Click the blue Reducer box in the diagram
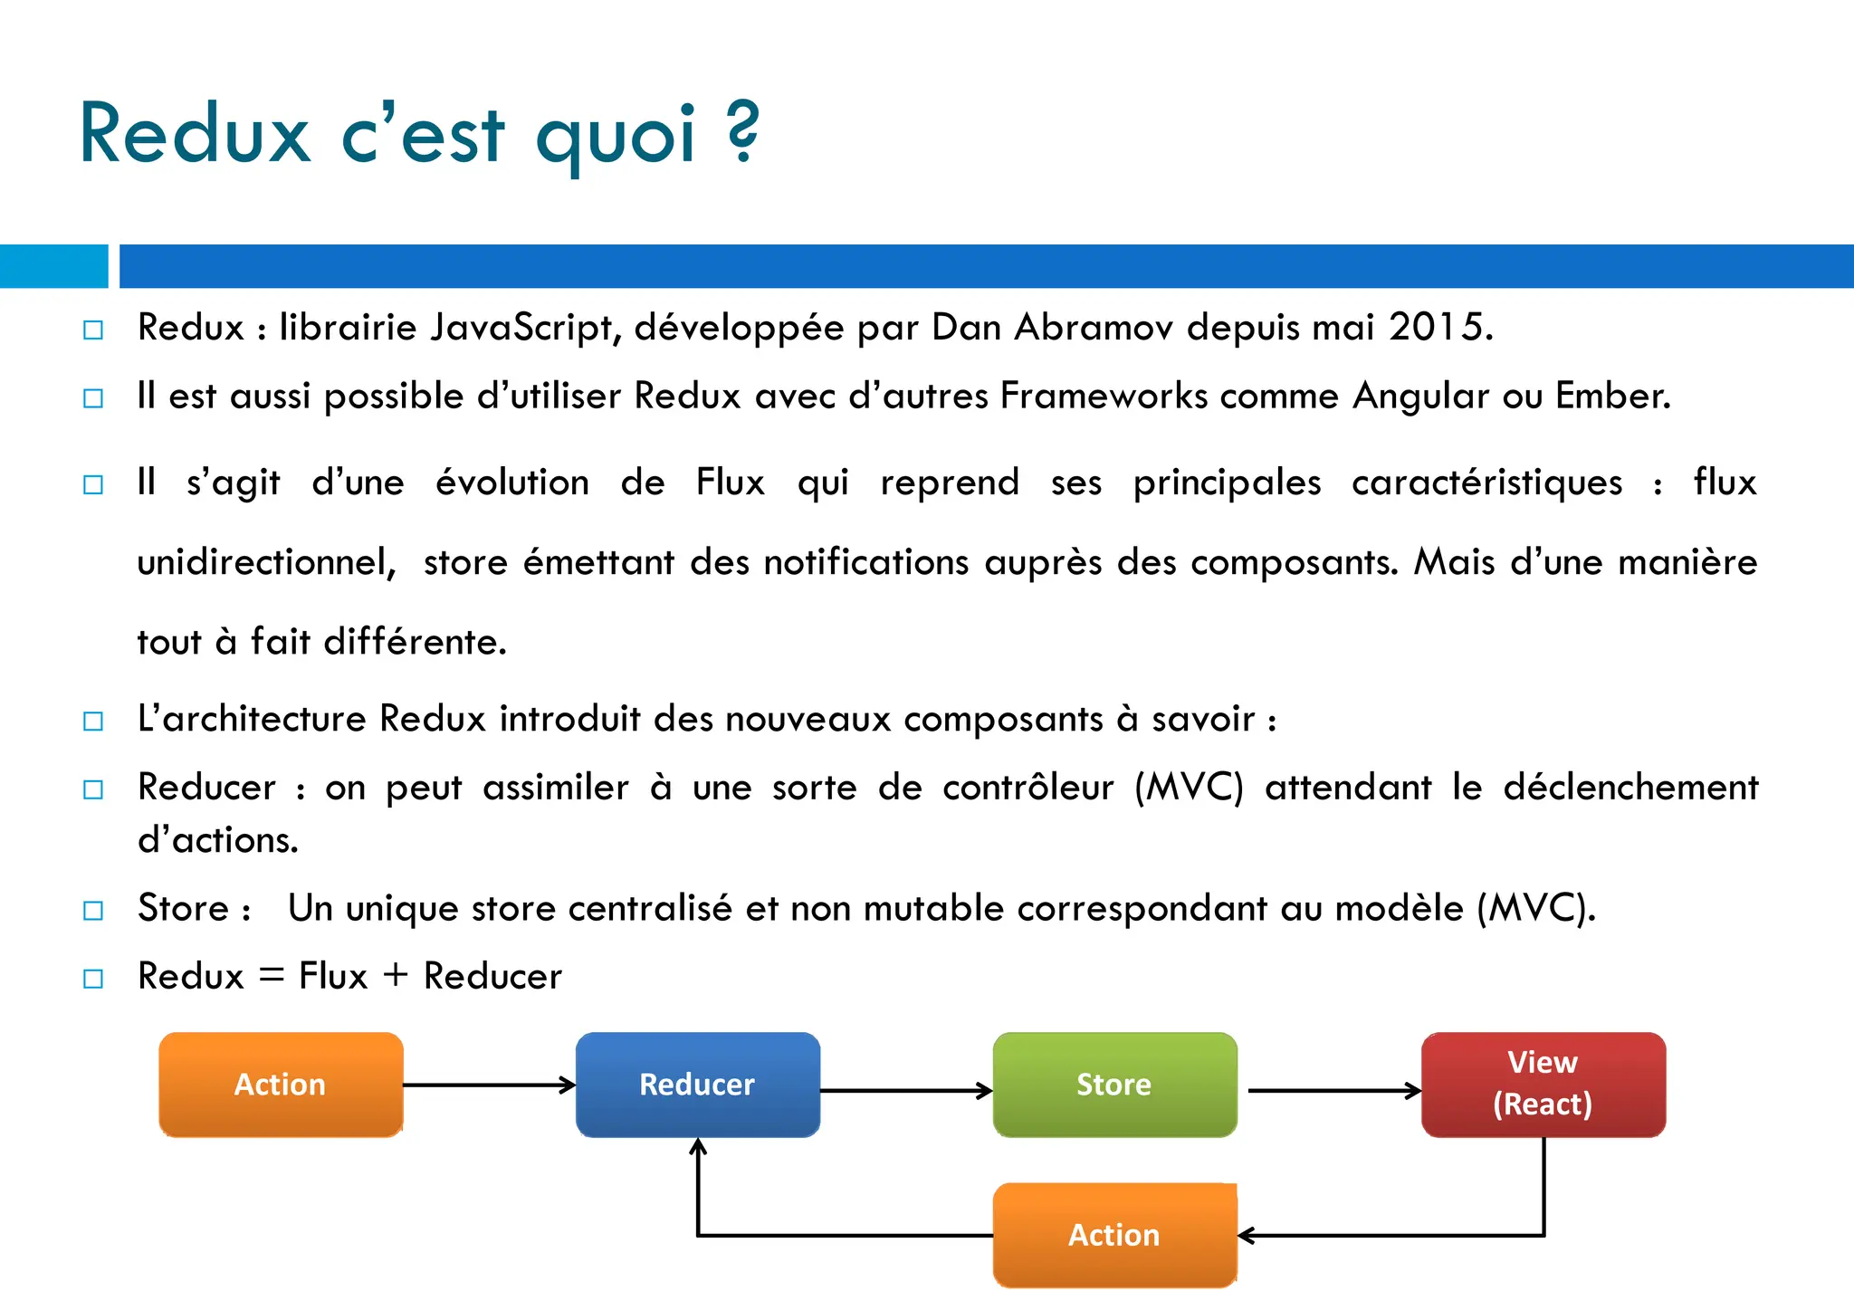(x=697, y=1085)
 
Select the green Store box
(x=1114, y=1085)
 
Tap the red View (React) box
(x=1543, y=1085)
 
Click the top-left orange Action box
(x=281, y=1085)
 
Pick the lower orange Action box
(x=1114, y=1235)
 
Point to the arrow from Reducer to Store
(x=905, y=1091)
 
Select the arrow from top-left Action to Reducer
(x=489, y=1085)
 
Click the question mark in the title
(x=742, y=133)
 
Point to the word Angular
(x=1420, y=397)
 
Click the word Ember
(x=1611, y=397)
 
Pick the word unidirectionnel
(x=266, y=562)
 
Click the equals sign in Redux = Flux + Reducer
(x=272, y=977)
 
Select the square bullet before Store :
(x=93, y=910)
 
